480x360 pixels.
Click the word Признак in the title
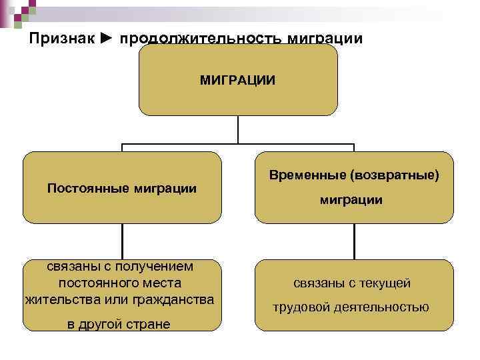59,39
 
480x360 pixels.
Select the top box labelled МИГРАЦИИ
237,80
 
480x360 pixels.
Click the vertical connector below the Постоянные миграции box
122,241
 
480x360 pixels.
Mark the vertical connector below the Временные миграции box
354,241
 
